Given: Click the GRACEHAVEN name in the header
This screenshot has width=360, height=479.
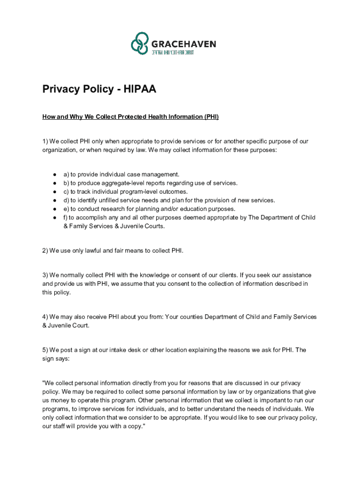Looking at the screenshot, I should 183,44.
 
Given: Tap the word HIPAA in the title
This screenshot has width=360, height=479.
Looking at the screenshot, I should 140,89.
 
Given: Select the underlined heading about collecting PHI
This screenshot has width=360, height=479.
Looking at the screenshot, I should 130,116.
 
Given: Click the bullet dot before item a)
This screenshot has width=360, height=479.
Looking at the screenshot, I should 55,174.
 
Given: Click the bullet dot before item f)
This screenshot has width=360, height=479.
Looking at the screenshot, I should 55,218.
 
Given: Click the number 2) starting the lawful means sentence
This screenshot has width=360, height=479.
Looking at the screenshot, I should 45,251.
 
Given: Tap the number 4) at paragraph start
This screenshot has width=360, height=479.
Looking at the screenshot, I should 45,317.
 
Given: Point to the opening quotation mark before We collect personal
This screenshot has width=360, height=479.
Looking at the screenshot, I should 43,383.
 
